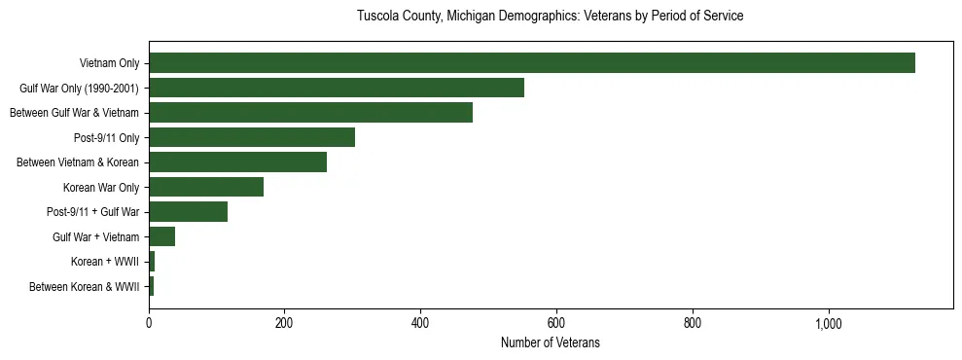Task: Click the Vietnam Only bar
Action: [x=531, y=62]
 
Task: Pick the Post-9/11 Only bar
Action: [x=252, y=137]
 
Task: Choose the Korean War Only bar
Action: [x=206, y=187]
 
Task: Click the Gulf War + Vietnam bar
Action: [x=161, y=236]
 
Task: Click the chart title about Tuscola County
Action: [x=550, y=17]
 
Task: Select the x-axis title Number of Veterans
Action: [x=550, y=342]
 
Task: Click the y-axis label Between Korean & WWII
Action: [x=85, y=286]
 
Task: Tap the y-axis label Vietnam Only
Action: [x=109, y=63]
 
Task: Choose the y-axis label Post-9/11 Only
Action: [x=106, y=137]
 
